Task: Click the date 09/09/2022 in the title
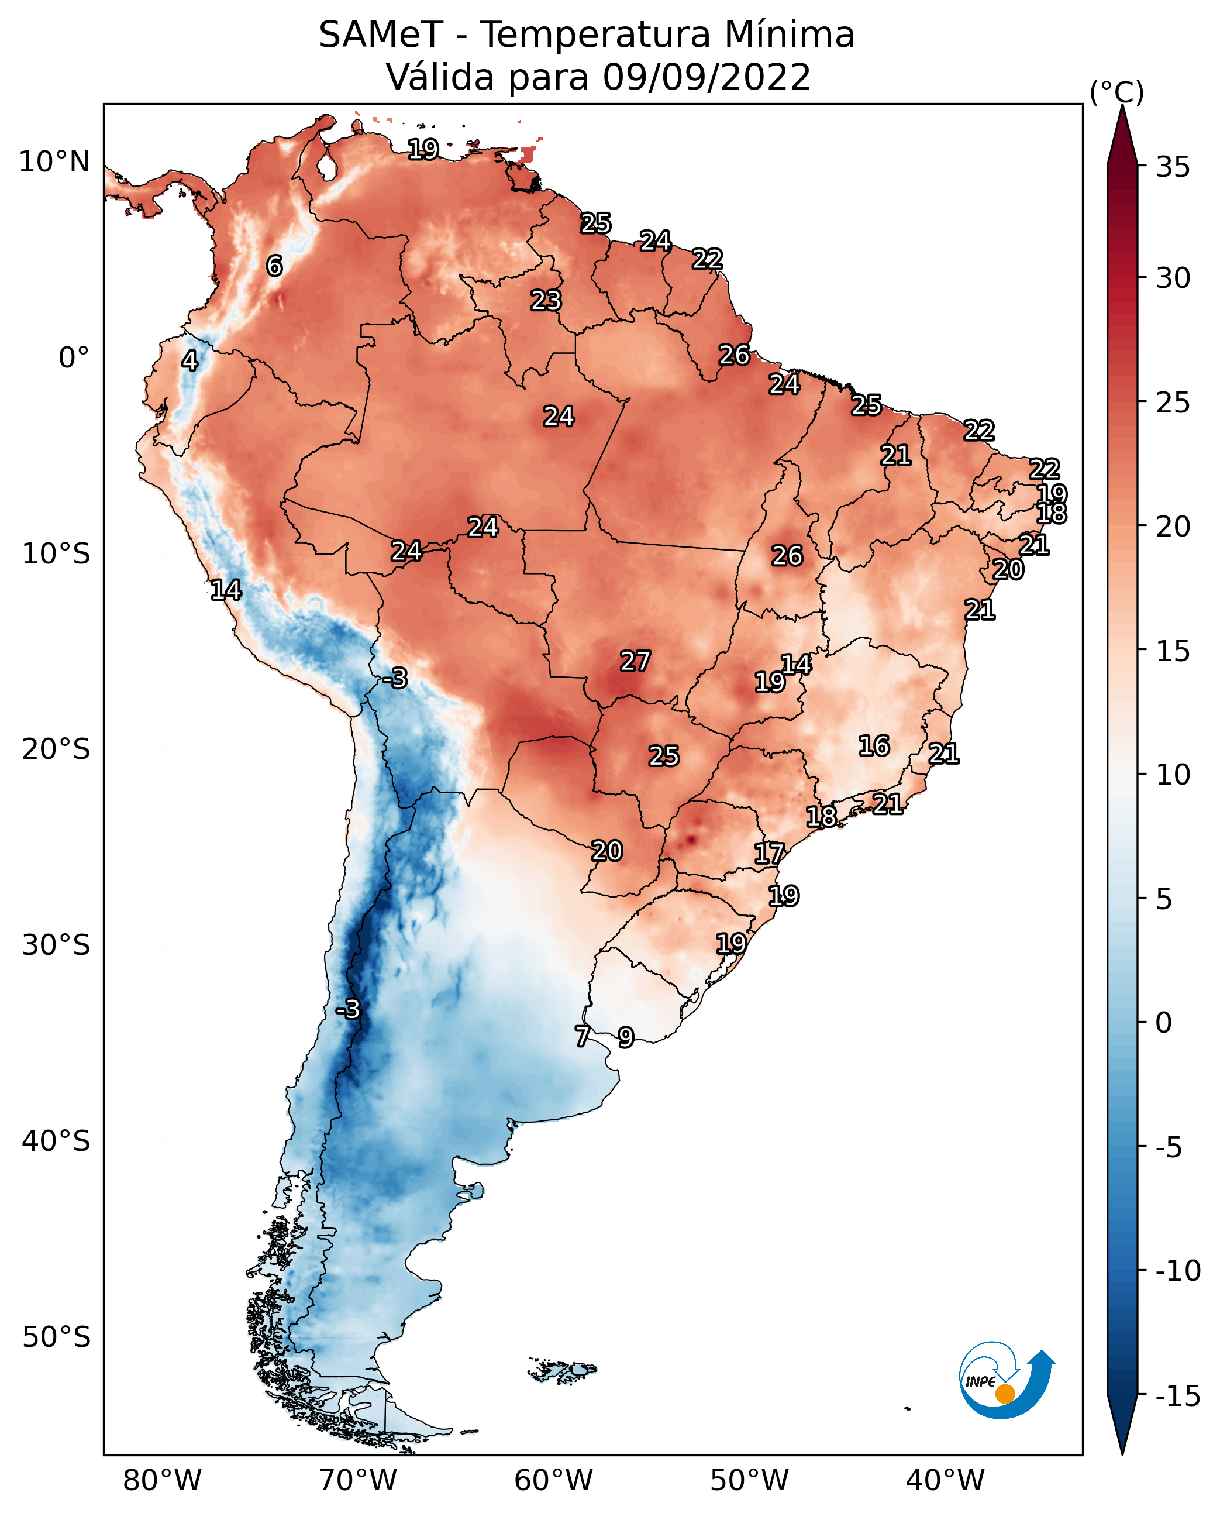pyautogui.click(x=707, y=77)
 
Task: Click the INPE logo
pyautogui.click(x=1006, y=1381)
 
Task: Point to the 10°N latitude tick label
pyautogui.click(x=54, y=163)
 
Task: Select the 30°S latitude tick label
pyautogui.click(x=56, y=945)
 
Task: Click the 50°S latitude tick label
pyautogui.click(x=56, y=1336)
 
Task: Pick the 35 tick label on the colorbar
pyautogui.click(x=1173, y=167)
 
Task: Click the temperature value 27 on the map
pyautogui.click(x=635, y=661)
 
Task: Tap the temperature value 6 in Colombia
pyautogui.click(x=274, y=266)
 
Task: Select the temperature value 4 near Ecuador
pyautogui.click(x=189, y=360)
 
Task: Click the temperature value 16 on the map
pyautogui.click(x=874, y=745)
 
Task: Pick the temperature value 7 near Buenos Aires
pyautogui.click(x=582, y=1036)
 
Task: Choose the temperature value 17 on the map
pyautogui.click(x=769, y=854)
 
